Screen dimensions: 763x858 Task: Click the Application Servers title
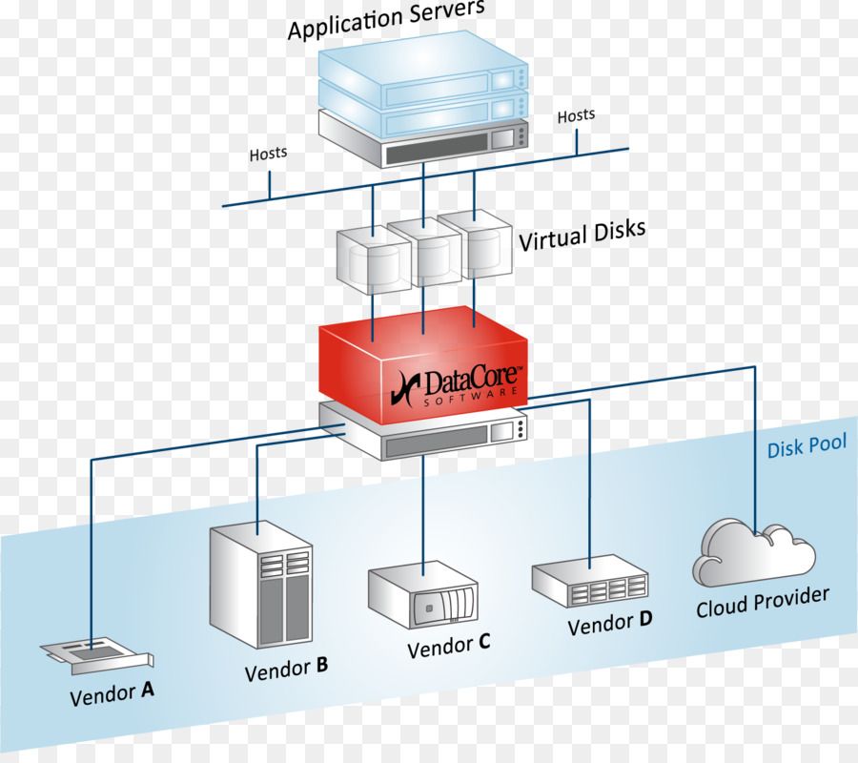[385, 22]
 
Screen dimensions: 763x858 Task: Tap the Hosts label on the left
[268, 153]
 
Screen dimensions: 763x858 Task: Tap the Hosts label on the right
[576, 115]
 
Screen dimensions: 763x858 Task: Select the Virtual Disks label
[582, 235]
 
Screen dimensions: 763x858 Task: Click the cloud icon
[753, 553]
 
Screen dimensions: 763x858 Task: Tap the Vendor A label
[112, 693]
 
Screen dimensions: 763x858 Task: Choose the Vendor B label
[286, 670]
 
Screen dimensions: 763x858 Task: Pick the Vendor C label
[448, 647]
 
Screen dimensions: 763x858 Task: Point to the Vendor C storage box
[422, 595]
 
